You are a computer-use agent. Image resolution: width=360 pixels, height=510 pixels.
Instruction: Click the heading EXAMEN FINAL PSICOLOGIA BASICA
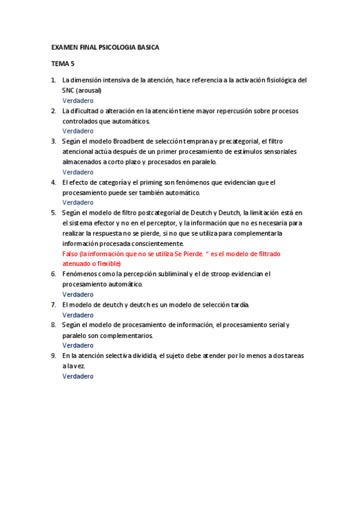pyautogui.click(x=105, y=47)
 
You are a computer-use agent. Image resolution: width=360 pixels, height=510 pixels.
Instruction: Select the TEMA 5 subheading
pyautogui.click(x=63, y=63)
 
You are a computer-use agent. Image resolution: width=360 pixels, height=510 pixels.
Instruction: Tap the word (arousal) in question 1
pyautogui.click(x=89, y=90)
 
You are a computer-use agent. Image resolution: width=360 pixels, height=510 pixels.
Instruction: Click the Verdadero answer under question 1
pyautogui.click(x=78, y=100)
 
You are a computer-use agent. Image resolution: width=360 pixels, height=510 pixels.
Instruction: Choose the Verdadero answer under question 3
pyautogui.click(x=78, y=172)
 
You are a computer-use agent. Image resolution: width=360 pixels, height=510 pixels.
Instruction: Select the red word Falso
pyautogui.click(x=71, y=254)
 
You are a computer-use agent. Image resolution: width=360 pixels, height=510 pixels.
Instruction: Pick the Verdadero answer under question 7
pyautogui.click(x=78, y=315)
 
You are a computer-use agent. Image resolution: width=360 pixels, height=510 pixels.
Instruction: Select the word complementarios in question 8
pyautogui.click(x=124, y=335)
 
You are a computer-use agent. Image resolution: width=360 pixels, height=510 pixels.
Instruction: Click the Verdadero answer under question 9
pyautogui.click(x=78, y=376)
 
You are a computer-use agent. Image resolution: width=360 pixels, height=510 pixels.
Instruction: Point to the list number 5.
pyautogui.click(x=53, y=213)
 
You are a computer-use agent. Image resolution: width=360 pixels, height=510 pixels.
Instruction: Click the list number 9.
pyautogui.click(x=53, y=356)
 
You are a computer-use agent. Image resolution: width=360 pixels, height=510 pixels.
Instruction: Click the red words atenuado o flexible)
pyautogui.click(x=91, y=263)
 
